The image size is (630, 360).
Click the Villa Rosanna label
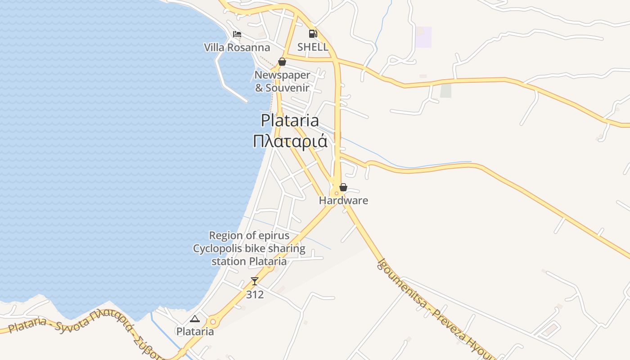click(x=237, y=48)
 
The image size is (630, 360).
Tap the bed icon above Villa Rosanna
click(x=237, y=34)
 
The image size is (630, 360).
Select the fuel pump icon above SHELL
click(x=313, y=33)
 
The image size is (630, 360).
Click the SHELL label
click(x=313, y=47)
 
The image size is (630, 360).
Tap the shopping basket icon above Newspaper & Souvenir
click(x=282, y=62)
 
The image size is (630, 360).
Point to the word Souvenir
click(x=287, y=88)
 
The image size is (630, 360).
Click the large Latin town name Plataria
click(x=290, y=121)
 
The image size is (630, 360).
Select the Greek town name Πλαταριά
click(x=290, y=141)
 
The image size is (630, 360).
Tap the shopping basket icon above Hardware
click(x=343, y=187)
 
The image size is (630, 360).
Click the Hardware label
click(x=343, y=201)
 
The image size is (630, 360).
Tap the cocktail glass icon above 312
click(x=255, y=281)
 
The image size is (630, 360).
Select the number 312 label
click(x=255, y=295)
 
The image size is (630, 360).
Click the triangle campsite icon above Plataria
click(x=194, y=319)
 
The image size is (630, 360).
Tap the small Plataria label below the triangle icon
click(x=195, y=332)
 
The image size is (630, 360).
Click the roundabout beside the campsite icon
click(x=213, y=322)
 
